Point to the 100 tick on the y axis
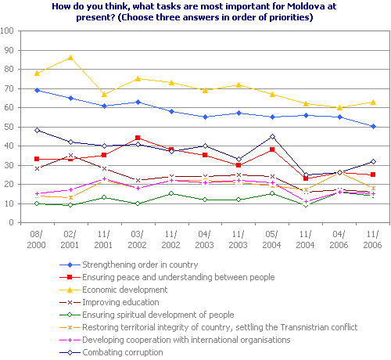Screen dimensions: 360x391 pyautogui.click(x=9, y=31)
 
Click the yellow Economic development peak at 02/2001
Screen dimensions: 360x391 pyautogui.click(x=70, y=57)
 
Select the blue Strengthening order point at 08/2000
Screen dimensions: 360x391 pyautogui.click(x=37, y=90)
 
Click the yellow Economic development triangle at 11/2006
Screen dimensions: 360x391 pyautogui.click(x=374, y=102)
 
